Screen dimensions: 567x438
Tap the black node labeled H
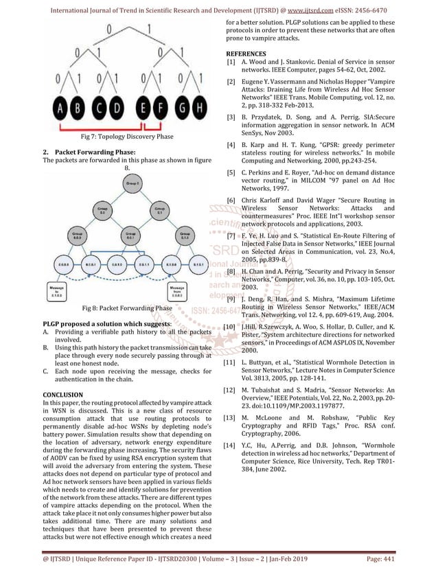click(x=198, y=107)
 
